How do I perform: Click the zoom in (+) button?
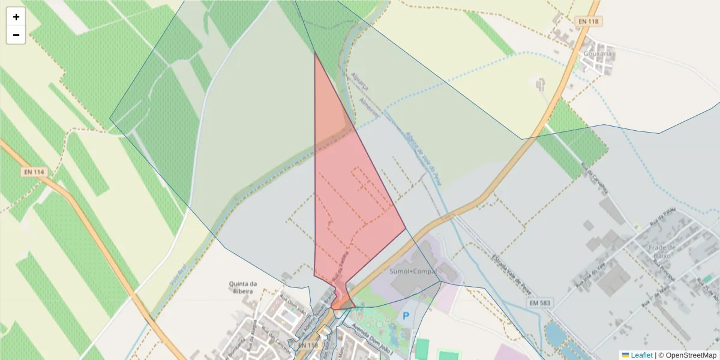click(x=16, y=17)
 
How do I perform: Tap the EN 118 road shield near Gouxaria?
click(x=589, y=22)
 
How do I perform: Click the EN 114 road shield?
click(x=34, y=172)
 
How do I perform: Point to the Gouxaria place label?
click(x=598, y=53)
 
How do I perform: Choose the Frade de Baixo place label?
click(x=662, y=251)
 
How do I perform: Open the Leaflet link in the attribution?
click(x=641, y=355)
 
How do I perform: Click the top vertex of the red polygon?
click(x=315, y=52)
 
